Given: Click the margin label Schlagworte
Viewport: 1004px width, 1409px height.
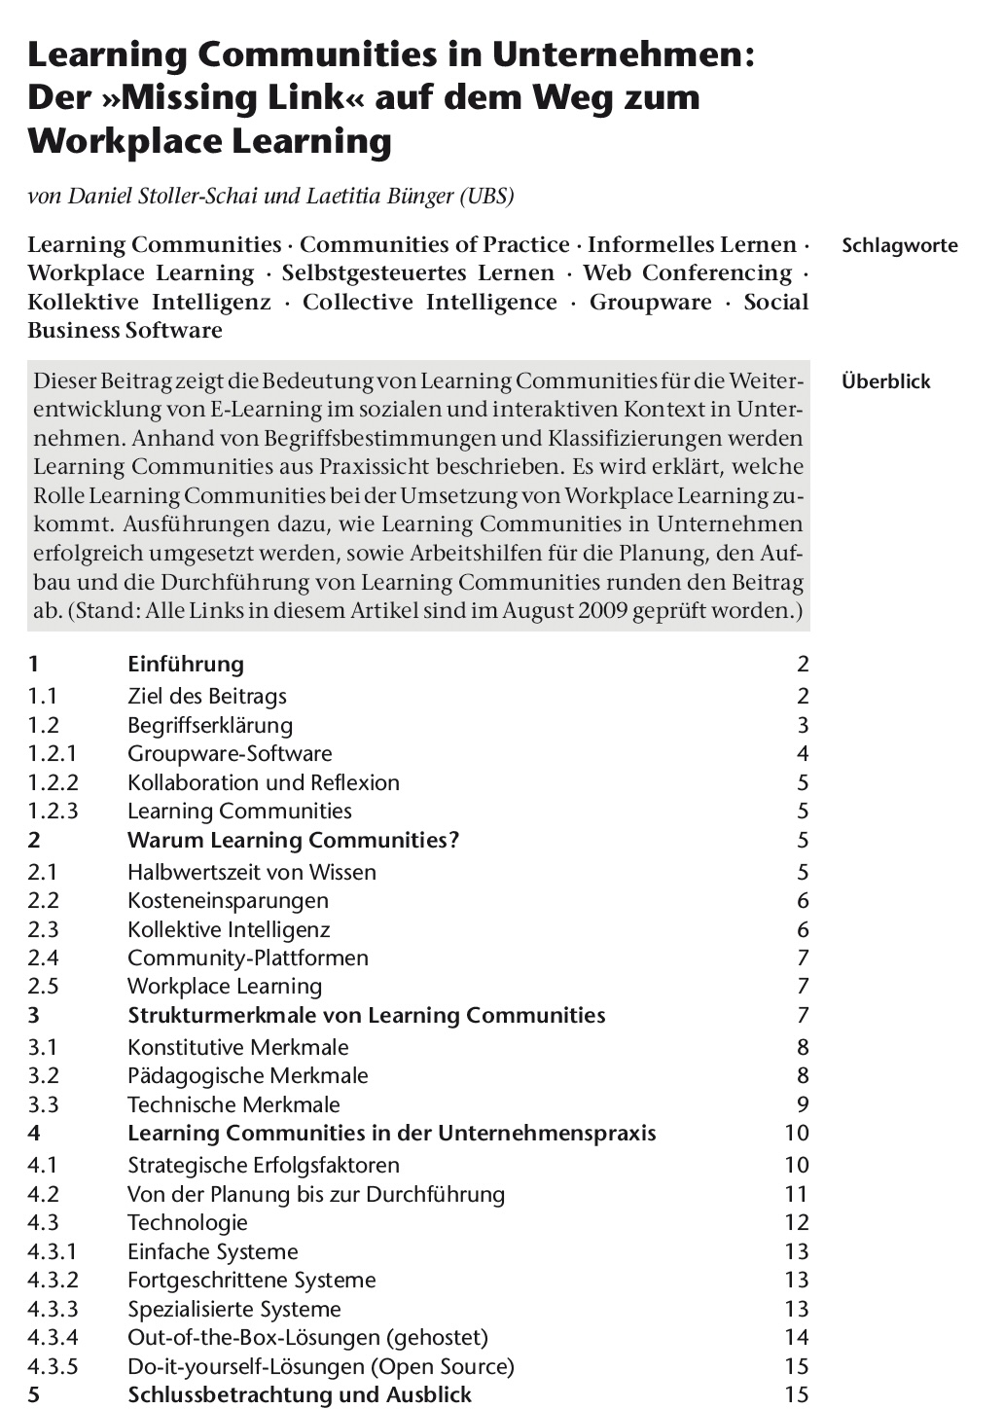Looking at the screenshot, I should [x=899, y=245].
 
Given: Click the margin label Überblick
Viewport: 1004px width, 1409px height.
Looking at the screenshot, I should [x=885, y=381].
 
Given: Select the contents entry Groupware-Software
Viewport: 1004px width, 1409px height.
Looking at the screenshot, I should [x=230, y=754].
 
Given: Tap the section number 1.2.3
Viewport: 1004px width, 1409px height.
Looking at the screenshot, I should [x=54, y=812].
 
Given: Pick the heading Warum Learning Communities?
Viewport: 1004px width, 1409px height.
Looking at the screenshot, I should [x=293, y=840].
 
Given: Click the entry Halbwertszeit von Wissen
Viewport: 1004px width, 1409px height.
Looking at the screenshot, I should [x=251, y=873].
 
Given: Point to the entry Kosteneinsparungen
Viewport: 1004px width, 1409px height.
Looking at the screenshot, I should [x=228, y=901].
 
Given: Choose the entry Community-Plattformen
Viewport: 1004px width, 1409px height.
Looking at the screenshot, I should [x=248, y=958].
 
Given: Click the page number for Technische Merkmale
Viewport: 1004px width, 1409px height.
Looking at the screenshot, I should [x=803, y=1104].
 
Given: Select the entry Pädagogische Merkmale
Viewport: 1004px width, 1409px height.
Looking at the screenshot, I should [x=247, y=1076].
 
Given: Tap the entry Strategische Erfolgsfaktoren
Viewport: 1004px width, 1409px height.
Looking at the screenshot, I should [x=263, y=1166].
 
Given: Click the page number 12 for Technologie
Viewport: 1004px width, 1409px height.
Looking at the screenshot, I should [x=796, y=1223].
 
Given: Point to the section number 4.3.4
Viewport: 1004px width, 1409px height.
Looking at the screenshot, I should [x=54, y=1338].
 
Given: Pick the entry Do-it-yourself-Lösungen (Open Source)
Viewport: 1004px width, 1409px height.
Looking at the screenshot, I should [x=320, y=1366].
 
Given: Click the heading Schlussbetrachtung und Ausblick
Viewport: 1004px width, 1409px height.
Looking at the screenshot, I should [x=300, y=1394].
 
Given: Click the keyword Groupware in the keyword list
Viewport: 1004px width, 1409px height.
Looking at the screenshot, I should [x=651, y=302].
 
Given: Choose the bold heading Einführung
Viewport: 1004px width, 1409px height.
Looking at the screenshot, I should [x=185, y=665].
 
